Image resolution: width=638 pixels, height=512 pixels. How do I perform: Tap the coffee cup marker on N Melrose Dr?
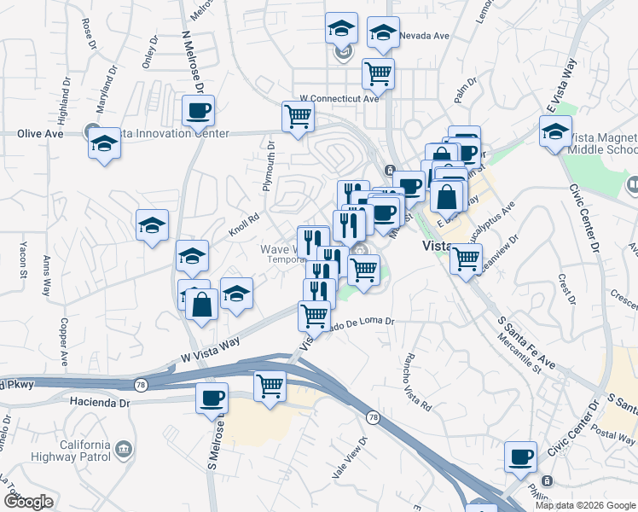pos(199,110)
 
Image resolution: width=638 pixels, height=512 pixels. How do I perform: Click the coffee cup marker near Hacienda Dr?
pos(212,397)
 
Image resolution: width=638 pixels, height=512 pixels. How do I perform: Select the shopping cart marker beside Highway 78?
pos(270,386)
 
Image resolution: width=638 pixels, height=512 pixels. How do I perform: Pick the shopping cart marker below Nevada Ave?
pos(378,73)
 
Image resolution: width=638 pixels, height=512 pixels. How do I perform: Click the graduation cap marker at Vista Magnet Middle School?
pos(555,132)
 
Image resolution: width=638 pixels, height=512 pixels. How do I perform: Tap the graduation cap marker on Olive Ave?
pos(104,143)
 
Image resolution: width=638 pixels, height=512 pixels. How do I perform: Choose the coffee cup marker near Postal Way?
pos(519,457)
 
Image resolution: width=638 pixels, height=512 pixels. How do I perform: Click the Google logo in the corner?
pos(27,502)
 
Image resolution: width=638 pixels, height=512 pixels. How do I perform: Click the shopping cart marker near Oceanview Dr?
pos(466,258)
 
